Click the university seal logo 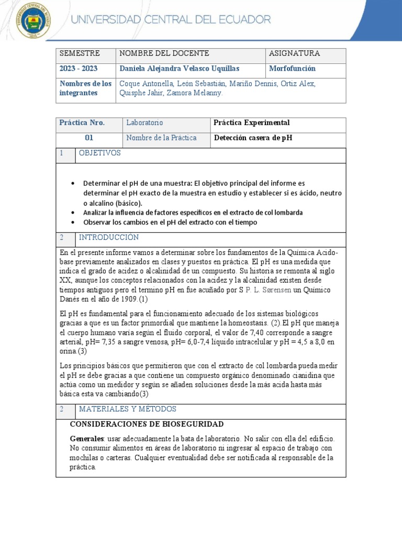(34, 21)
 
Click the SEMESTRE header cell (79, 54)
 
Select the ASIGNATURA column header (294, 54)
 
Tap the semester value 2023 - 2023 (79, 69)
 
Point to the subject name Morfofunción (292, 69)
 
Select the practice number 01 (89, 138)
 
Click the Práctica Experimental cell (252, 123)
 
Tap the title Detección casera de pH (253, 138)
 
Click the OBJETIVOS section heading (100, 153)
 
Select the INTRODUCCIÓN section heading (109, 238)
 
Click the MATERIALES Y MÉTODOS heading (127, 409)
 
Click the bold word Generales (86, 439)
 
